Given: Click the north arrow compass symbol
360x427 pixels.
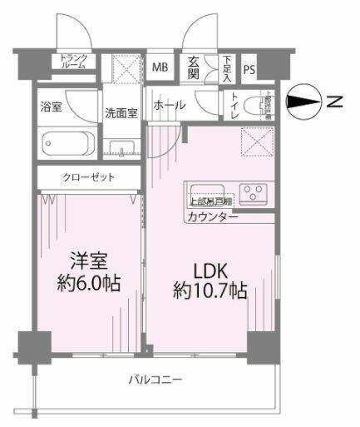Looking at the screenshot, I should tap(302, 102).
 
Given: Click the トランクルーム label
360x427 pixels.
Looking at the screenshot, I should tap(77, 62).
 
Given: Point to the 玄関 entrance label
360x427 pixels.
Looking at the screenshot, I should tap(193, 67).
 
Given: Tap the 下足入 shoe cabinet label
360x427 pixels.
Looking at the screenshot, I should tap(226, 67).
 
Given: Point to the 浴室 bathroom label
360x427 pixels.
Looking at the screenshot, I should tap(51, 107).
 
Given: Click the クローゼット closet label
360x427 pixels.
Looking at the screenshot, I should tap(87, 178).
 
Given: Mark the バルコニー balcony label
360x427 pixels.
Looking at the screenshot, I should tap(155, 380).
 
